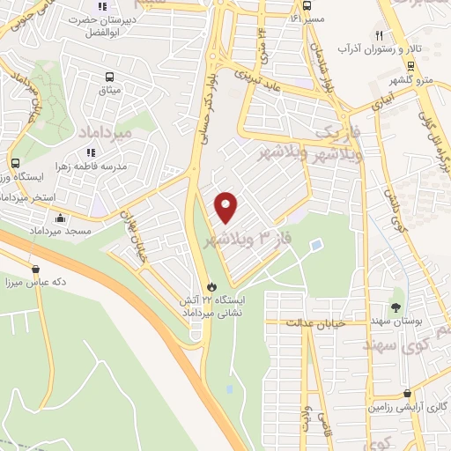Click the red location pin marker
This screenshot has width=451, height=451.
point(227,207)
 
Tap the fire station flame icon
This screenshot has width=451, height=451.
point(211,286)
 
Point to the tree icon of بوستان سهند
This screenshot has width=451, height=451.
point(396,307)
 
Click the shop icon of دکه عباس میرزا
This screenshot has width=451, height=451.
point(36,269)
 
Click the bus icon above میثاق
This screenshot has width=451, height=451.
point(109,77)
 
